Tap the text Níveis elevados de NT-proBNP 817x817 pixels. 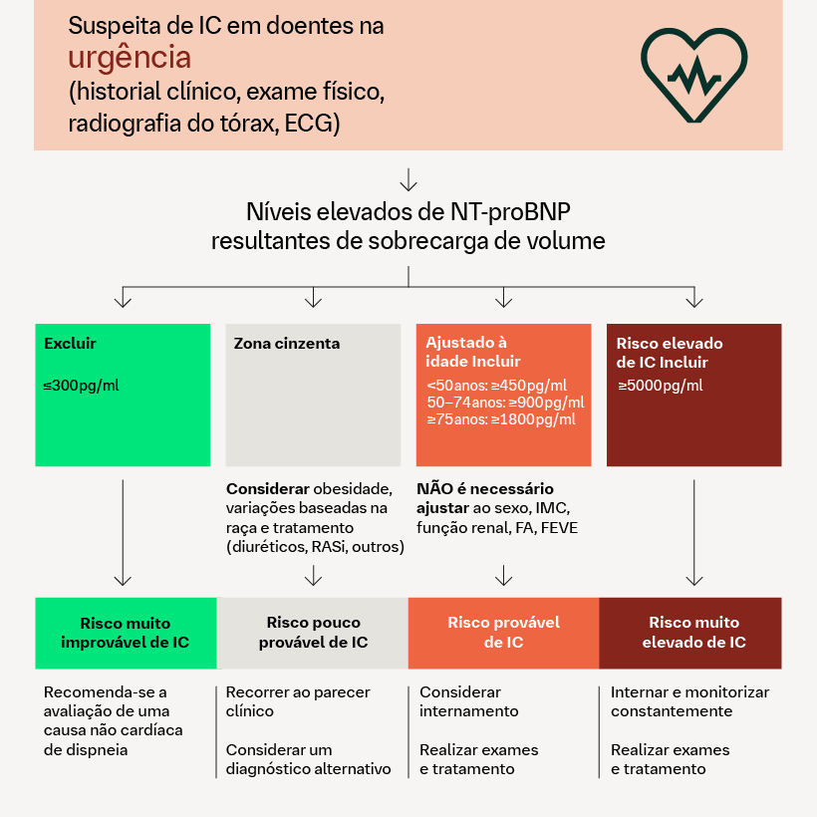408,212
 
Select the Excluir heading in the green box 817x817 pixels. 70,344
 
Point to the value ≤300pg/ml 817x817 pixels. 81,386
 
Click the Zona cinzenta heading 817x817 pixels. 286,344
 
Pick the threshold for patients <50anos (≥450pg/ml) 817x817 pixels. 496,386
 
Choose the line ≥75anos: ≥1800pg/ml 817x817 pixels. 501,419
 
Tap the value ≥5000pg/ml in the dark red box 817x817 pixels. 660,386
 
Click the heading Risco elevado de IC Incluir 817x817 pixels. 670,353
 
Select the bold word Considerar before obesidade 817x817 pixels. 268,489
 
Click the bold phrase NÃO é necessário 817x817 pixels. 484,489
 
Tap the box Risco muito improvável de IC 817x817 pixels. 125,633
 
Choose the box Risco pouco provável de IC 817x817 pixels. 313,633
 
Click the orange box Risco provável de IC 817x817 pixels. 503,633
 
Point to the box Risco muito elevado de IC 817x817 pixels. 693,633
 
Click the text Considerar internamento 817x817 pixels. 468,701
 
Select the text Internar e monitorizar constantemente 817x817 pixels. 689,701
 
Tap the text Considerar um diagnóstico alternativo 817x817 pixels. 308,759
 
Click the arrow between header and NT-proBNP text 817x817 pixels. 408,179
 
